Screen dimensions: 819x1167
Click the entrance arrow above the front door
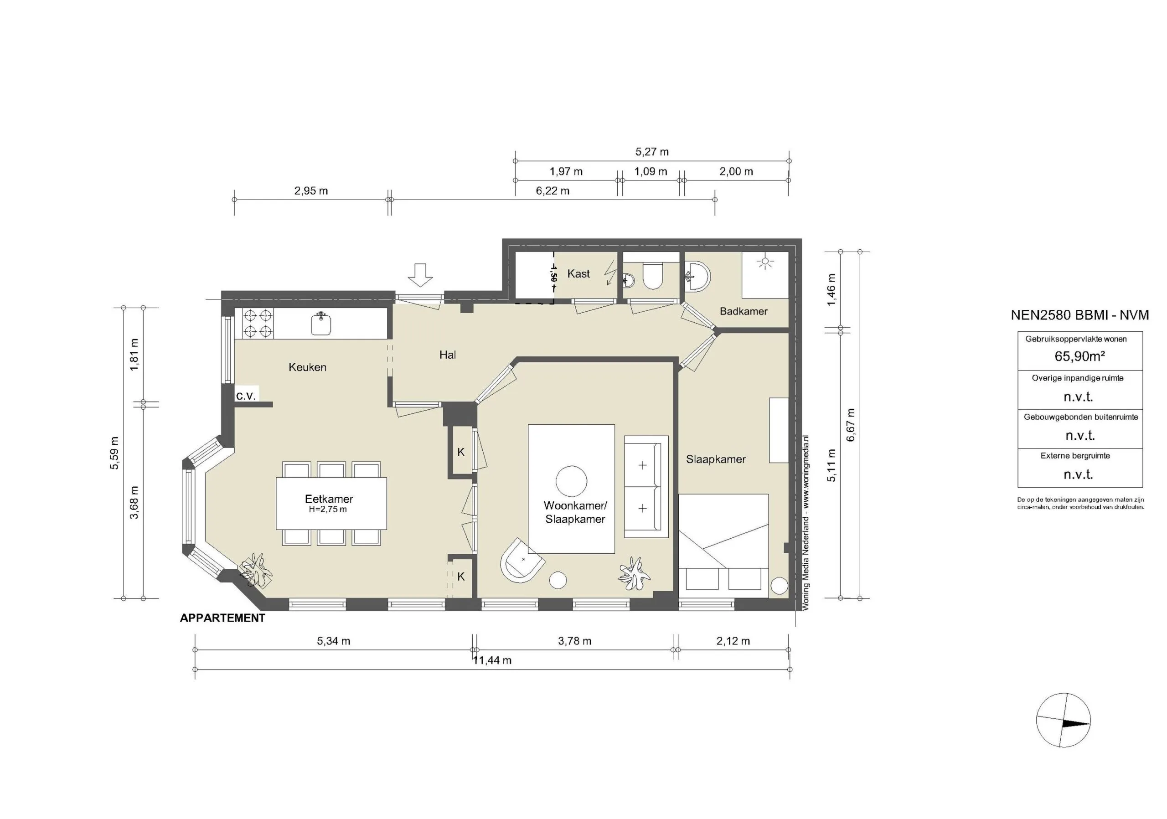[420, 275]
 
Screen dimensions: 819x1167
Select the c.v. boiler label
[246, 395]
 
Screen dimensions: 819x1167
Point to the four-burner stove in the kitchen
[258, 324]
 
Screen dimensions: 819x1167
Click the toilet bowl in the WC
[653, 276]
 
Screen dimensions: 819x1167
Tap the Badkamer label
[743, 311]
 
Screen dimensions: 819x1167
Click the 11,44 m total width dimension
[492, 660]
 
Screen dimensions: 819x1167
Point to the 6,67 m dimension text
[851, 425]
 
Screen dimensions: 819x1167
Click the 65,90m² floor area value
[1079, 356]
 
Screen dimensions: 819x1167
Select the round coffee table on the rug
[571, 481]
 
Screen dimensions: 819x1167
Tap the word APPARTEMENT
[222, 618]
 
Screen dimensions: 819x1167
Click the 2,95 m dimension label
[311, 191]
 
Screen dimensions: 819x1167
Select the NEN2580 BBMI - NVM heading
[1079, 315]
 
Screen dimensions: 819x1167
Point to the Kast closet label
[578, 274]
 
